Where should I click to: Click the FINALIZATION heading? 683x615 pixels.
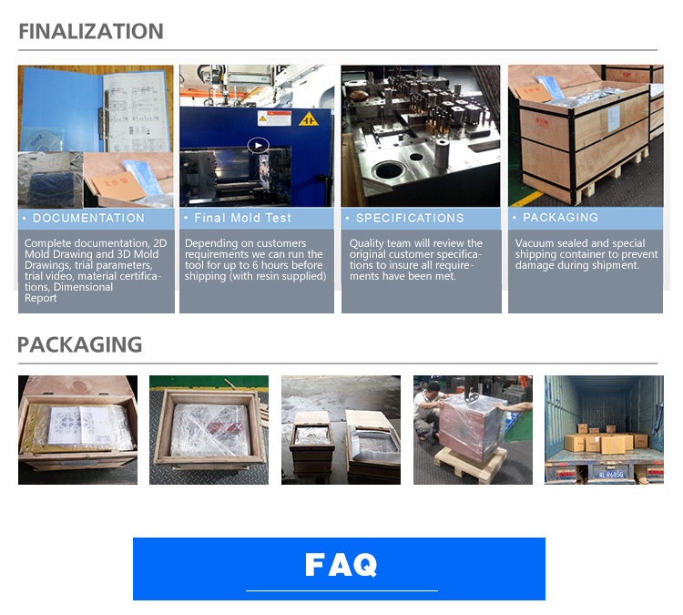coord(91,31)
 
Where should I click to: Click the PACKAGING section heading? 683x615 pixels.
coord(80,344)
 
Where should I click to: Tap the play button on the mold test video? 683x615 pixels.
coord(259,145)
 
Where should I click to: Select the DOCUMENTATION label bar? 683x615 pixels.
coord(96,219)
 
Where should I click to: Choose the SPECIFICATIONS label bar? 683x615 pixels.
coord(421,219)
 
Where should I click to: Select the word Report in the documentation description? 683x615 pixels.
coord(41,298)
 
